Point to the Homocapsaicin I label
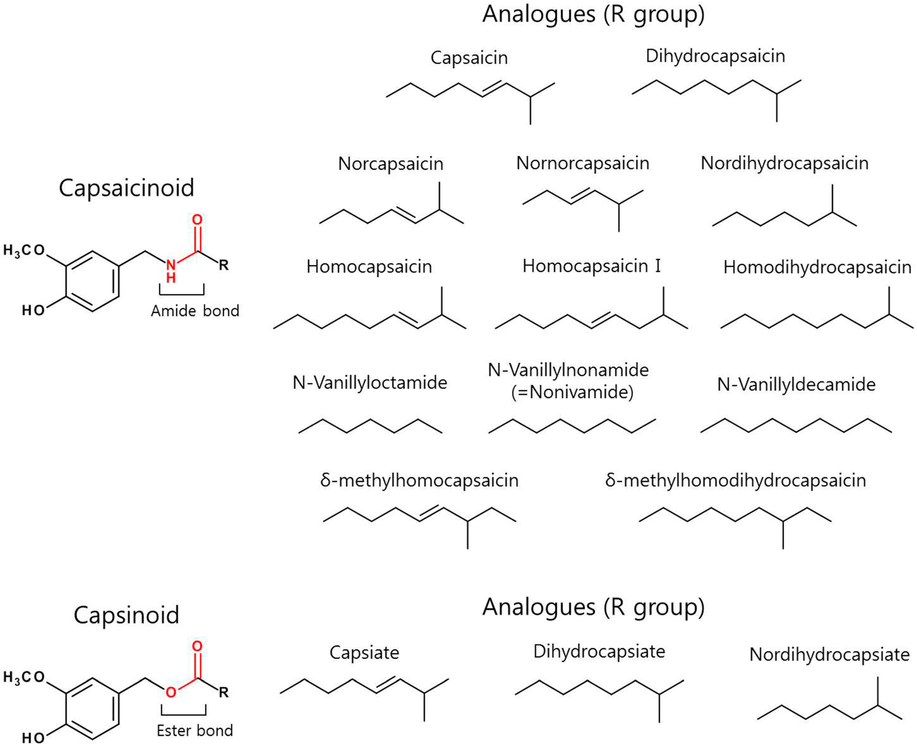pyautogui.click(x=591, y=266)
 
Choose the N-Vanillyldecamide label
pyautogui.click(x=796, y=384)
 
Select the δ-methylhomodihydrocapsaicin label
pyautogui.click(x=735, y=481)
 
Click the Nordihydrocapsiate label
pyautogui.click(x=829, y=655)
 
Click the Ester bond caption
pyautogui.click(x=195, y=730)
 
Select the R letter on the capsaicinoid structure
pyautogui.click(x=223, y=265)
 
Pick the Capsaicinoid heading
pyautogui.click(x=126, y=188)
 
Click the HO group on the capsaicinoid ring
pyautogui.click(x=33, y=310)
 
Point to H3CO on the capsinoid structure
pyautogui.click(x=24, y=678)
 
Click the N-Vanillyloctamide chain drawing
pyautogui.click(x=370, y=425)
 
